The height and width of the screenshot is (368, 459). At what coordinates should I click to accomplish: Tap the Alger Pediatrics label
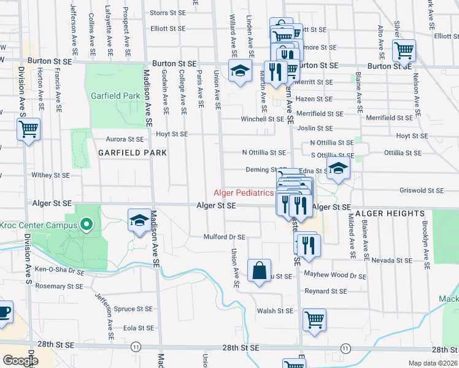click(244, 193)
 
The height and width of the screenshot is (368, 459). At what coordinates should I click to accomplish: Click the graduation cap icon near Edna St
click(337, 169)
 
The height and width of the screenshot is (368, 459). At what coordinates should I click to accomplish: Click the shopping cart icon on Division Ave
click(29, 130)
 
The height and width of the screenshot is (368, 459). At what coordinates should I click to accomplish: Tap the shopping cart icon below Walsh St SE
click(314, 320)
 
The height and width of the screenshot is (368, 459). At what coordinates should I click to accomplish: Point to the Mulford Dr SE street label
click(225, 237)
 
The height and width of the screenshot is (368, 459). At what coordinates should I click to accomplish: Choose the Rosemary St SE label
click(59, 286)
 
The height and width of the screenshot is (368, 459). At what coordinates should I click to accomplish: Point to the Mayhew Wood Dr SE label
click(335, 276)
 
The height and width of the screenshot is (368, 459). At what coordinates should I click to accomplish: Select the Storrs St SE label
click(168, 12)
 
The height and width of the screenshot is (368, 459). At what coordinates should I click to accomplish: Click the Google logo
click(20, 361)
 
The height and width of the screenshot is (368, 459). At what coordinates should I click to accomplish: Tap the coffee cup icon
click(4, 312)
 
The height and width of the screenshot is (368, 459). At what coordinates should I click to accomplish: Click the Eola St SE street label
click(137, 328)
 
